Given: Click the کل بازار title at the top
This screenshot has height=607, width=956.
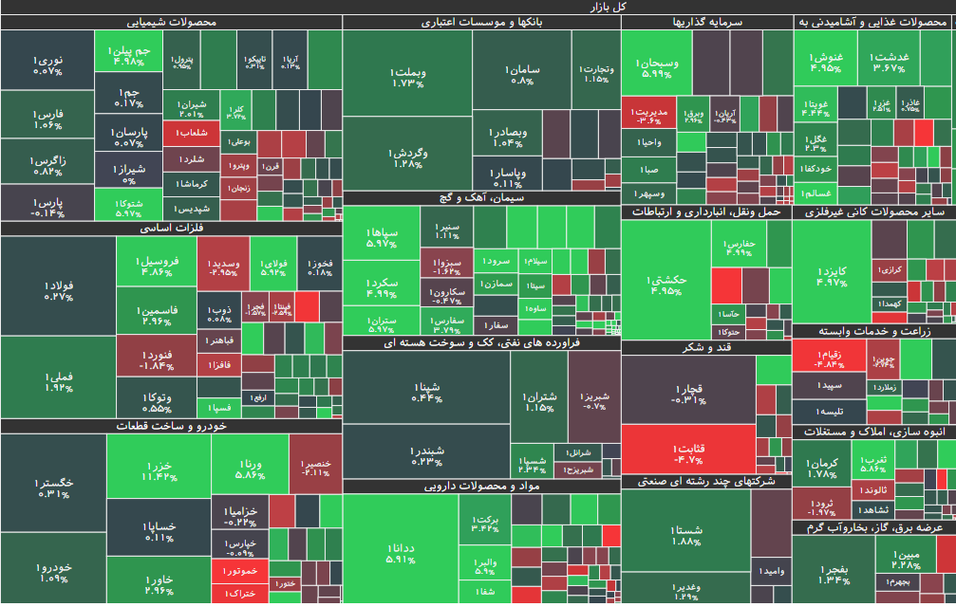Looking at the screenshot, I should point(478,7).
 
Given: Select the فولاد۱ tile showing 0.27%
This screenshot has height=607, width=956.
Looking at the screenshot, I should point(58,290).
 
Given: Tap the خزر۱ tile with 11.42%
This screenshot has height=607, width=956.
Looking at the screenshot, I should point(159,470).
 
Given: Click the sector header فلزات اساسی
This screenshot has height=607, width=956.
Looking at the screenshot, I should point(171,228).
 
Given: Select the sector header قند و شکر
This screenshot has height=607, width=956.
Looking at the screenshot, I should point(705,347).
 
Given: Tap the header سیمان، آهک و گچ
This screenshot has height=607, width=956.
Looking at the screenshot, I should point(481,197).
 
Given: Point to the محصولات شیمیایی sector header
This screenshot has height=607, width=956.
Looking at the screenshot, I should point(171,22).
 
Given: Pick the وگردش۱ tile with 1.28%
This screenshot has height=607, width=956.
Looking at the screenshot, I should point(407,157).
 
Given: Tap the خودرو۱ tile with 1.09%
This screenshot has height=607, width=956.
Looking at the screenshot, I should point(53,572).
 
